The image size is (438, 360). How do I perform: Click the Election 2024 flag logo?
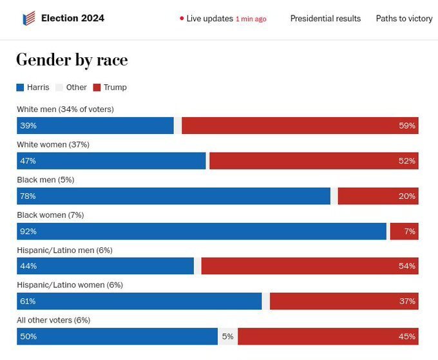pos(29,18)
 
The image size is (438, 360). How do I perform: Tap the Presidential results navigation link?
pos(325,19)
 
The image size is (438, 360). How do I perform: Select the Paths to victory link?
pos(404,19)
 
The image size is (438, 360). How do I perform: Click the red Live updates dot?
pos(182,19)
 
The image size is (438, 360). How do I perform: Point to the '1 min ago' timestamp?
pos(251,19)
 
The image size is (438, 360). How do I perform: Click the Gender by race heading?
pos(72,60)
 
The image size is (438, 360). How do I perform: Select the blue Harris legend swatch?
pos(20,88)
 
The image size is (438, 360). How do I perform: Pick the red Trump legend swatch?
pos(97,88)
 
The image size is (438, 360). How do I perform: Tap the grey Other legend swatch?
pos(59,88)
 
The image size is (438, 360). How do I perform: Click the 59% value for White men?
pos(407,126)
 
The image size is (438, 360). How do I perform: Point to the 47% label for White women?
pos(28,161)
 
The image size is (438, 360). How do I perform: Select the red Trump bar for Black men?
pos(378,196)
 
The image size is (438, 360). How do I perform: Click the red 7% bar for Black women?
pos(405,231)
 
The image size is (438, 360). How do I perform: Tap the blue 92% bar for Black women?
pos(202,231)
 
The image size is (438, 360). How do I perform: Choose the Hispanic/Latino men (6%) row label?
pos(65,251)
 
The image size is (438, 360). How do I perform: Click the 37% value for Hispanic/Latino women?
pos(407,301)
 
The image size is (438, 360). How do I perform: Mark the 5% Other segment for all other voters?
pos(227,336)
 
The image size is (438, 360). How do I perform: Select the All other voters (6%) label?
pos(53,320)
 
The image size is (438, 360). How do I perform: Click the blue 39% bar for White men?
pos(95,126)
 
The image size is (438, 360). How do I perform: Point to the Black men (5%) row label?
pos(46,180)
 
